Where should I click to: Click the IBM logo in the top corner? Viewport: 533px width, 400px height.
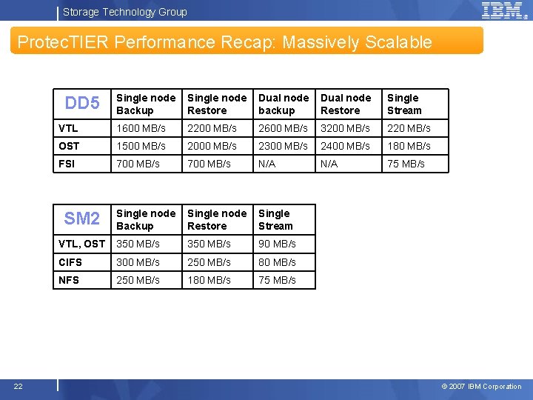(x=503, y=10)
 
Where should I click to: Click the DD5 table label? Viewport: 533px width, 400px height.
(x=82, y=104)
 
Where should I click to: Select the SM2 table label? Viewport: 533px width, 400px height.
(x=82, y=219)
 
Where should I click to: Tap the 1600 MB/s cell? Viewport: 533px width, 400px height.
(x=141, y=128)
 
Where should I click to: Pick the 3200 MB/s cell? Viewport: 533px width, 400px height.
(x=345, y=128)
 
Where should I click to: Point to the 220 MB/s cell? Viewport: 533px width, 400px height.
(x=409, y=128)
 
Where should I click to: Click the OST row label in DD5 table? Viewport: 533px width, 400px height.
(x=69, y=146)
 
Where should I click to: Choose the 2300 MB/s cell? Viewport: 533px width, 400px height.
(x=283, y=146)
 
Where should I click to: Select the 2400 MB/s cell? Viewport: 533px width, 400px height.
(x=345, y=146)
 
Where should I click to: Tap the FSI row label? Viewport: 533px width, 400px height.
(x=67, y=164)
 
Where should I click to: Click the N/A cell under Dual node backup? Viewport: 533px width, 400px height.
(x=266, y=164)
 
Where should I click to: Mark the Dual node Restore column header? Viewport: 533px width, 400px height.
(x=346, y=104)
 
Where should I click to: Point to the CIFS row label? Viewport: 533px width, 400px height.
(x=70, y=262)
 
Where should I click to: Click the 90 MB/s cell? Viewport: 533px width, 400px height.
(x=277, y=244)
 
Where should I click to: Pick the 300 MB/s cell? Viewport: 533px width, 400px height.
(x=138, y=262)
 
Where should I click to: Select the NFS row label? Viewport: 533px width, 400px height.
(x=69, y=280)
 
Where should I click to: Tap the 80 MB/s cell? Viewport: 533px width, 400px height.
(x=277, y=262)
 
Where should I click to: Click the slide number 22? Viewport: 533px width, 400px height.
(x=18, y=386)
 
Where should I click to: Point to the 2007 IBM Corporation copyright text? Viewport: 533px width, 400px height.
(x=481, y=387)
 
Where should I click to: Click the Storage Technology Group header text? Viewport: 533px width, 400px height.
(x=125, y=12)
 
